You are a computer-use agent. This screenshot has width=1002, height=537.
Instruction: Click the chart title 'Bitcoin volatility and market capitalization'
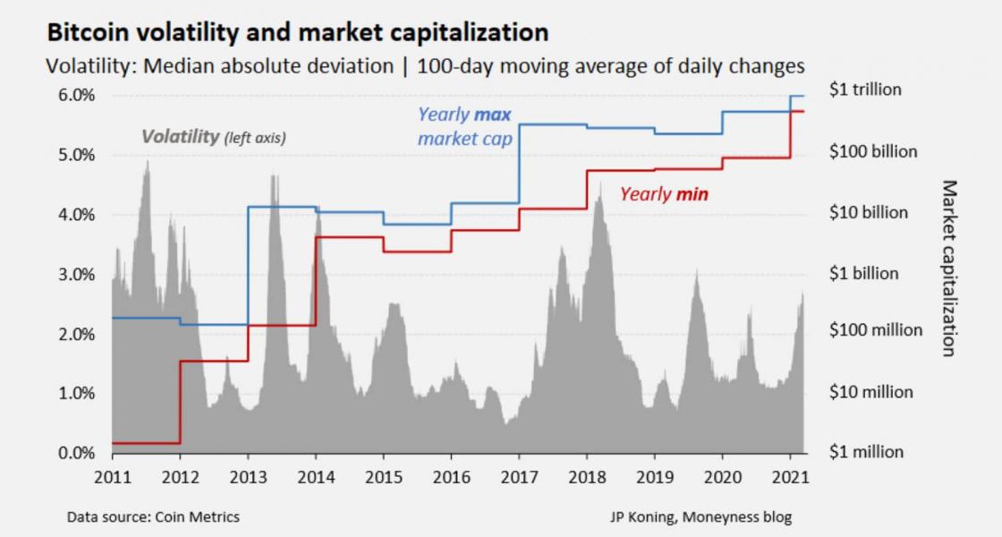pyautogui.click(x=296, y=33)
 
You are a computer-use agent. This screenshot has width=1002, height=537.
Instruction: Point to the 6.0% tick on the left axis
pyautogui.click(x=77, y=96)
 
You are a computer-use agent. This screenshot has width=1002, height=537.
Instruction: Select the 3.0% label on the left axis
pyautogui.click(x=77, y=275)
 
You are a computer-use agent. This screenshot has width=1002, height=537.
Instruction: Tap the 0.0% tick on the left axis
pyautogui.click(x=77, y=453)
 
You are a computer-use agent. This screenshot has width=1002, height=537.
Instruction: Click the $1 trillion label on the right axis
pyautogui.click(x=865, y=89)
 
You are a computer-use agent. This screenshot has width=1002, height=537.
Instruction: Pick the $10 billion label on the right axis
pyautogui.click(x=868, y=213)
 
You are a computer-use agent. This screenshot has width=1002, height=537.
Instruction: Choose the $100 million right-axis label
pyautogui.click(x=875, y=330)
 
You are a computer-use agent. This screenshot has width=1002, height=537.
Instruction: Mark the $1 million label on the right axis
pyautogui.click(x=866, y=452)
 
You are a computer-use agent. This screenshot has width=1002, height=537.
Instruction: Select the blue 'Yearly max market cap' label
pyautogui.click(x=464, y=127)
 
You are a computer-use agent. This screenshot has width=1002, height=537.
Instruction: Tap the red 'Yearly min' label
pyautogui.click(x=664, y=193)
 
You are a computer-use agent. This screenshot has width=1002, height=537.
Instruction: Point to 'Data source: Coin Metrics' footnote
pyautogui.click(x=153, y=517)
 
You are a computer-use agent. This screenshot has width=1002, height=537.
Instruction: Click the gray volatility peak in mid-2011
pyautogui.click(x=147, y=166)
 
